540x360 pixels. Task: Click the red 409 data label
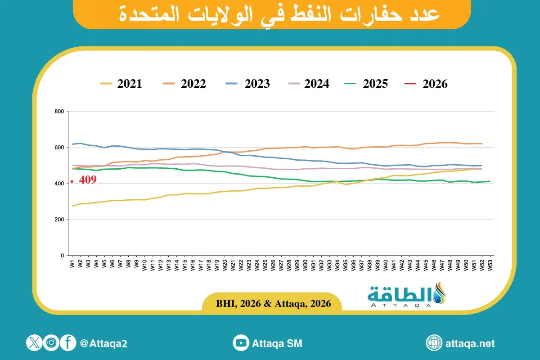click(x=88, y=180)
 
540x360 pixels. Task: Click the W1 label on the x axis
click(x=72, y=264)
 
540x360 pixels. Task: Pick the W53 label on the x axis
click(x=490, y=265)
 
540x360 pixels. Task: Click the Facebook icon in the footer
click(x=68, y=343)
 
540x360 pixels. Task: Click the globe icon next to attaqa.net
click(x=434, y=343)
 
